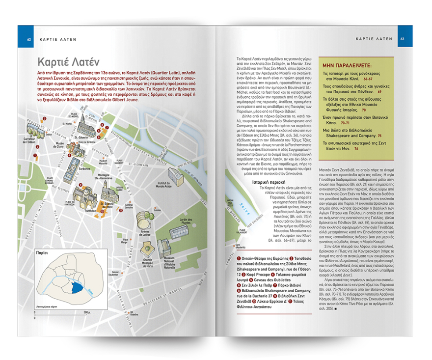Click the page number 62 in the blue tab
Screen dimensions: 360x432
[29, 38]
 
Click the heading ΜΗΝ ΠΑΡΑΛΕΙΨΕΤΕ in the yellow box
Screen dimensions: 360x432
[347, 65]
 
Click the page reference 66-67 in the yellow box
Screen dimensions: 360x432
[368, 78]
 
